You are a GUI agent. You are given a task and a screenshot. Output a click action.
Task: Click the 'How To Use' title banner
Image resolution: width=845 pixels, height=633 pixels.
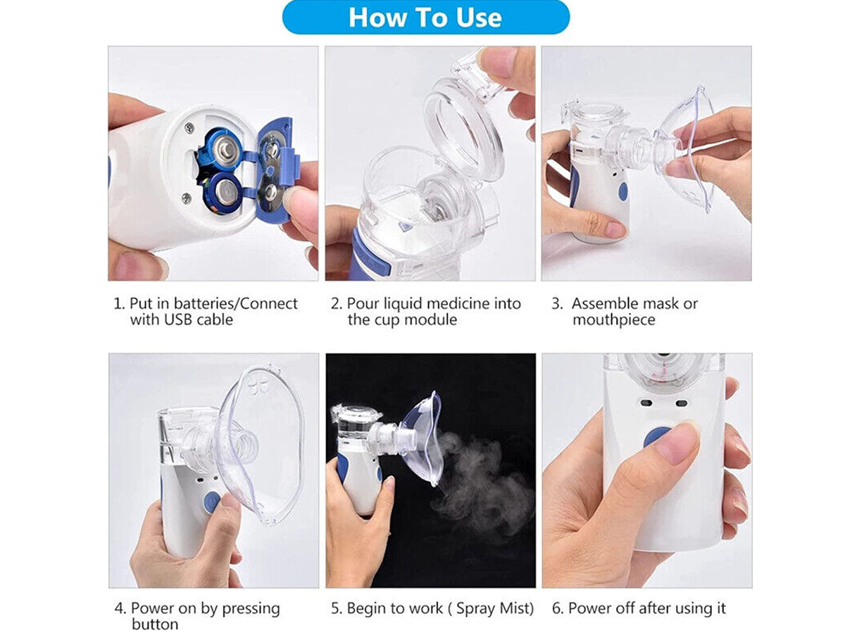point(425,18)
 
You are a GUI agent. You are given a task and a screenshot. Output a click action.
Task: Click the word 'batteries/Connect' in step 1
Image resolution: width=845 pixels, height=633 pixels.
point(236,304)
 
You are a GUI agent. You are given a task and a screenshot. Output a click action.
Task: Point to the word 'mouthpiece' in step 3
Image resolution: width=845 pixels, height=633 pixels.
point(613,320)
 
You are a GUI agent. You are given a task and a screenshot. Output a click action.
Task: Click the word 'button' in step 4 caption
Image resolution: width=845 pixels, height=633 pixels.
point(155,624)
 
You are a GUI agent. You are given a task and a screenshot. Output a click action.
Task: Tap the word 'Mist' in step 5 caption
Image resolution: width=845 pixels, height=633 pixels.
point(513,608)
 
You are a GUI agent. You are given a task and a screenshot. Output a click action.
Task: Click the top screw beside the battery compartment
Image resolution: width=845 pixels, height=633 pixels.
point(189,128)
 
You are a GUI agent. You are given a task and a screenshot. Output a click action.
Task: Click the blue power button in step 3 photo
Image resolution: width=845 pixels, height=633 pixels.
point(622,191)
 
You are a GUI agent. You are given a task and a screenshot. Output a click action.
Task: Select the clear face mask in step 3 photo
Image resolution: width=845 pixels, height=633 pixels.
point(684,150)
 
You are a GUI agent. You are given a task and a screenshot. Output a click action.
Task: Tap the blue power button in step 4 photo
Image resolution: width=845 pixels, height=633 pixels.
point(212,502)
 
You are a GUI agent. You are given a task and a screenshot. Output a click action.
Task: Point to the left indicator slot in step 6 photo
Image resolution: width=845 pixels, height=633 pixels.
point(646,403)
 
